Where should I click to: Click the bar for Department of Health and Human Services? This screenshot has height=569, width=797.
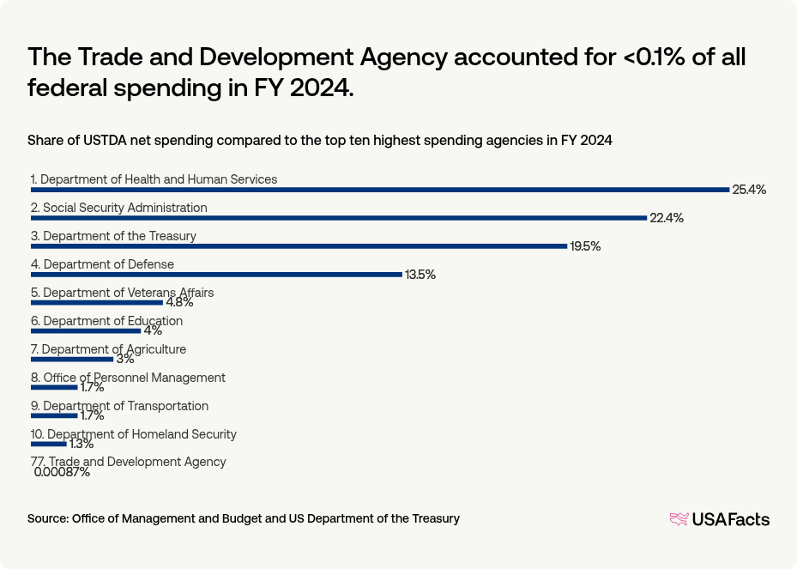coord(379,190)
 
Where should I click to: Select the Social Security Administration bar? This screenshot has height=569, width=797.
coord(338,218)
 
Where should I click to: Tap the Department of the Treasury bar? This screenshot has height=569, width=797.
coord(299,246)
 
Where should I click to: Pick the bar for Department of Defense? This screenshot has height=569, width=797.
coord(216,275)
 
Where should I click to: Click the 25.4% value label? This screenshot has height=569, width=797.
coord(748,190)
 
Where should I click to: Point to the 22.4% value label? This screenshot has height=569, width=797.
coord(666,218)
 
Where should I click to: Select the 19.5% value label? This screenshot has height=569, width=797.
coord(584,246)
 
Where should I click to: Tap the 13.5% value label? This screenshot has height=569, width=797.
coord(420,275)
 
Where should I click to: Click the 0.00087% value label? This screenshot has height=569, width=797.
coord(62,472)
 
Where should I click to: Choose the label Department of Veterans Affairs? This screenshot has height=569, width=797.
coord(122,293)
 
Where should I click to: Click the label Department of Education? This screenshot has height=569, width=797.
coord(106,321)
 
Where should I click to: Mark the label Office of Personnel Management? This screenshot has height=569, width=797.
coord(128,378)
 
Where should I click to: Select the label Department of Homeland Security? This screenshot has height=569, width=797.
coord(133,434)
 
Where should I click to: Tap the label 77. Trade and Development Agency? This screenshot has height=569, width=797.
coord(128,462)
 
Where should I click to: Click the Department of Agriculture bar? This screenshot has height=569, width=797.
coord(72,360)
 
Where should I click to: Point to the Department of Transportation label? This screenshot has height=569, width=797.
coord(119,406)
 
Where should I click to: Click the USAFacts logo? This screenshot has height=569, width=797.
coord(719,519)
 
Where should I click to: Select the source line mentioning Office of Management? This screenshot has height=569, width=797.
coord(243,518)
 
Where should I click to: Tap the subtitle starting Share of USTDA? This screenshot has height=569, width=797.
coord(319,140)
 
